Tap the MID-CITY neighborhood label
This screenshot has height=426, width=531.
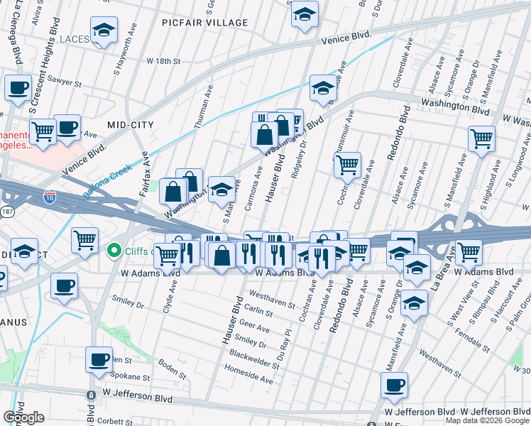click(130, 125)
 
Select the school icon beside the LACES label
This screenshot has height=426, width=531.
click(104, 31)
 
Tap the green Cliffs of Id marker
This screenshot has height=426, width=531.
click(112, 251)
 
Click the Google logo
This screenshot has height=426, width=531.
click(23, 417)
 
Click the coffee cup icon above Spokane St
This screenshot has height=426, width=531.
click(99, 359)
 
